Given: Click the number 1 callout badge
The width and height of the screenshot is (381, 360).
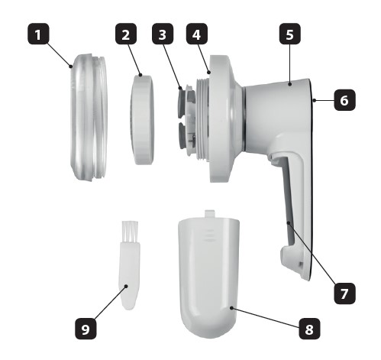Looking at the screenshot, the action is pos(38,34).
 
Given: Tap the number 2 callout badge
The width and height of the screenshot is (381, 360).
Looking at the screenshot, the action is pos(126,34).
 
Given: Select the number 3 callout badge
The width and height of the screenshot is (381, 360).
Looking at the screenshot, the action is pos(163,34).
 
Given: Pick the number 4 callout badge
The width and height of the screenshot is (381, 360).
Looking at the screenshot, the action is pos(197,34).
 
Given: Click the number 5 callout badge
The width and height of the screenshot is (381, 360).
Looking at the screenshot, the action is pos(290,34).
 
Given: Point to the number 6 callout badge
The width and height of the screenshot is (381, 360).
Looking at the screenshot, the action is pos(344,100).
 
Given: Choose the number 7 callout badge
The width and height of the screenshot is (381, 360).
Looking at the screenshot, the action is pos(344,294).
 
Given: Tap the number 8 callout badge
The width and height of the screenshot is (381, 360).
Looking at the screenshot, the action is pos(309,329).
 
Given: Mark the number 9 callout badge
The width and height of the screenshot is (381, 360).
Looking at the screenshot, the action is pos(86,329).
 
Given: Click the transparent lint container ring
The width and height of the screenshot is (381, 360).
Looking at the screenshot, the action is pos(88,117).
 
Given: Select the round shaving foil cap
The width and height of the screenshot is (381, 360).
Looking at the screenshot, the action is pos(142,120).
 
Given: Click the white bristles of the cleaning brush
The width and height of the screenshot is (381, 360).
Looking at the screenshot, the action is pos(130,232).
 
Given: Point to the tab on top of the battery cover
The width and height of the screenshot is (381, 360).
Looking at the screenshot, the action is pos(210,213).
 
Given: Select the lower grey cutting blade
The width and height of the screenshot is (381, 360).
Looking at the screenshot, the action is pos(183,135).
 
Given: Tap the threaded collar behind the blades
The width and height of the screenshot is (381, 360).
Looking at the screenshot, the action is pos(203,120).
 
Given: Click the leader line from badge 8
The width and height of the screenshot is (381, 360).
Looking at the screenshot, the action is pos(266,318).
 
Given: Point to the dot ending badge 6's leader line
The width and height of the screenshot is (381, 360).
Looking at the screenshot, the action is pos(315,101).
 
